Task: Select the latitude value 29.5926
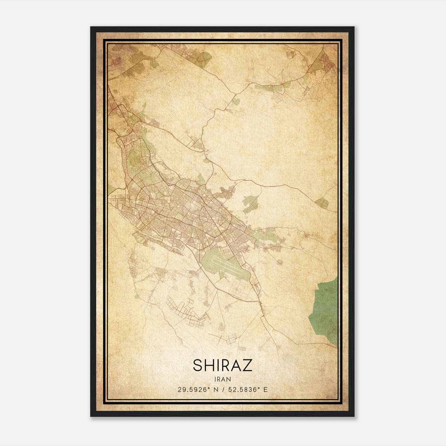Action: (x=193, y=389)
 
